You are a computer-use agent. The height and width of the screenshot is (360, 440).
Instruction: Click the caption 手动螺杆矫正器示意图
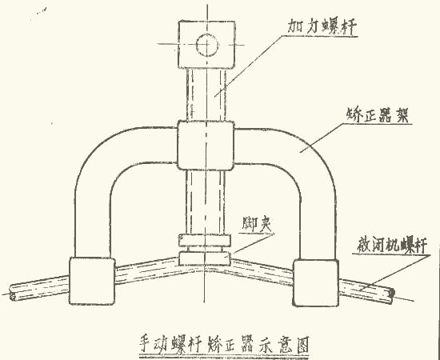(x=219, y=342)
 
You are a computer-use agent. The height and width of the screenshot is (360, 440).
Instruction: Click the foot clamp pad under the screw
(x=206, y=258)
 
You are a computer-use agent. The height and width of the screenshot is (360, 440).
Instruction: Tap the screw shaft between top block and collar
(x=206, y=92)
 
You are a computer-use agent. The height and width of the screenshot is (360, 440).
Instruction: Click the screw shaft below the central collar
(x=206, y=200)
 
